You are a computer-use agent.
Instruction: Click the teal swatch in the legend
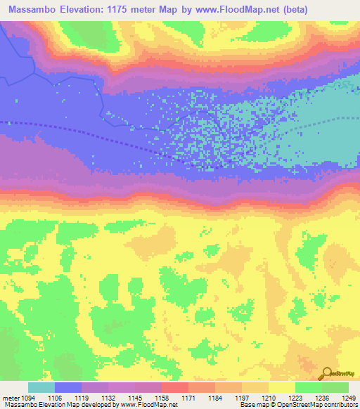point(41,387)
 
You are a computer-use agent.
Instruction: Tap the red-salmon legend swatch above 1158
point(175,387)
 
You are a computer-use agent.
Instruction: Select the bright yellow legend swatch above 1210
point(282,387)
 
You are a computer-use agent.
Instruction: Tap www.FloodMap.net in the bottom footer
point(148,405)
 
